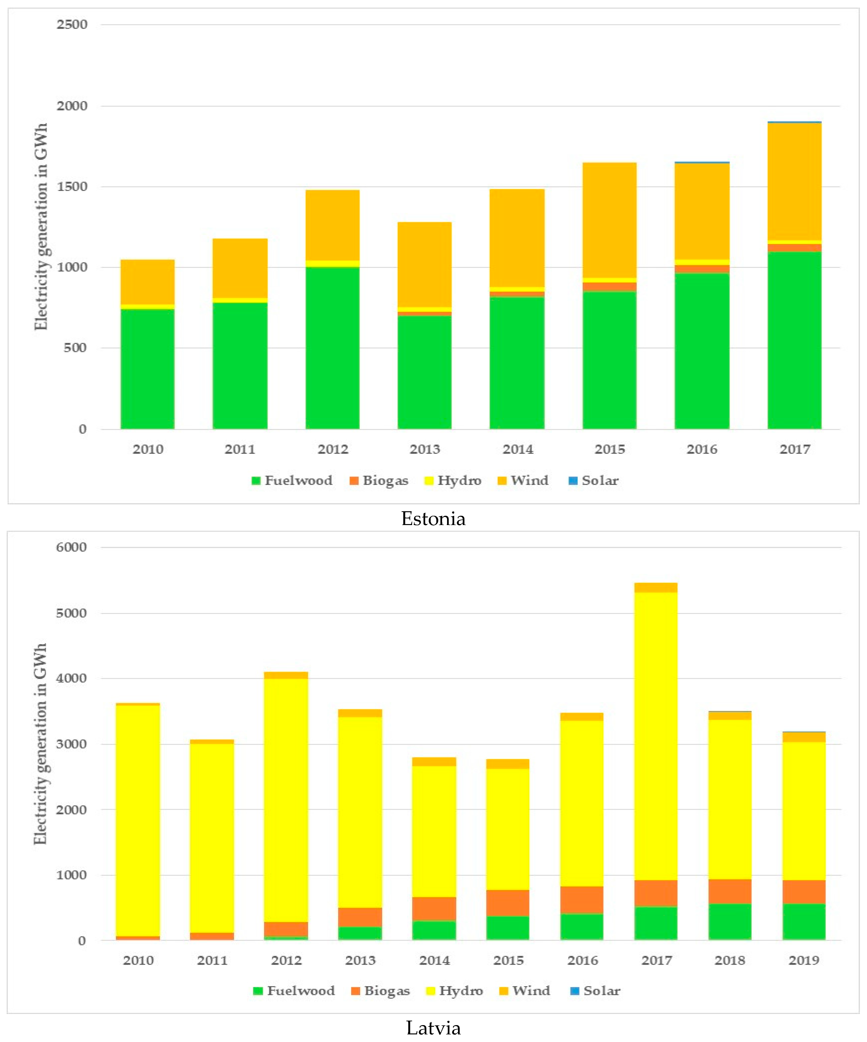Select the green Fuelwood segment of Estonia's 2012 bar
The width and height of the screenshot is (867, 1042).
332,347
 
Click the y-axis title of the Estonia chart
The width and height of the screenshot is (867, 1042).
41,226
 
